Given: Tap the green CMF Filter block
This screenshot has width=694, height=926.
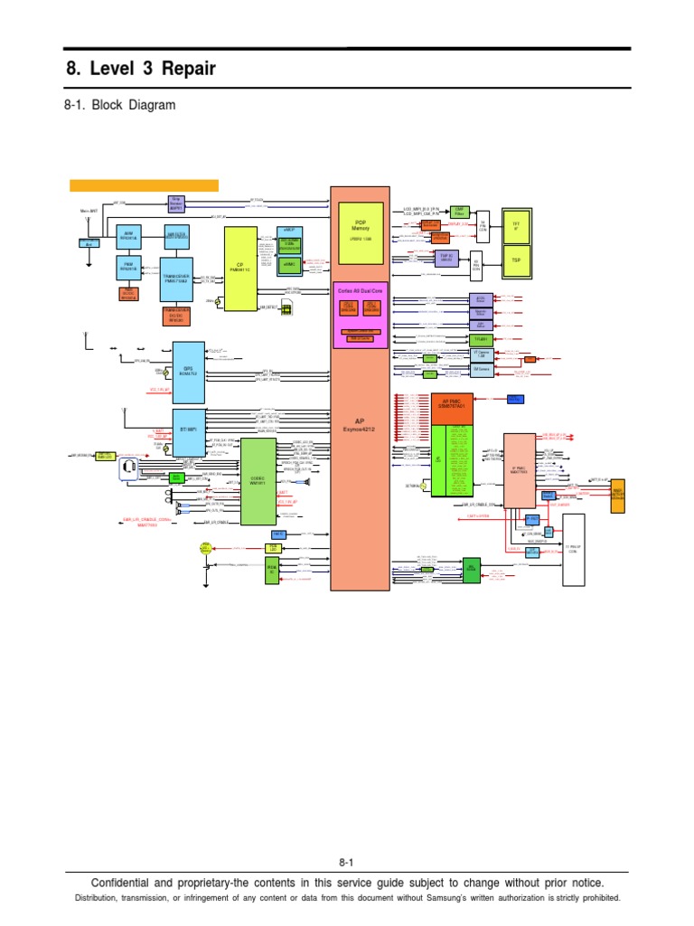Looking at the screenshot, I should [459, 210].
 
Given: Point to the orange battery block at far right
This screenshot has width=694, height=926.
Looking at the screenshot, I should [617, 496].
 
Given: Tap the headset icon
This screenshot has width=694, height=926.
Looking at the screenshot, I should [130, 468].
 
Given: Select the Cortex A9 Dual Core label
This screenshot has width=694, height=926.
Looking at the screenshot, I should [360, 292].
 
